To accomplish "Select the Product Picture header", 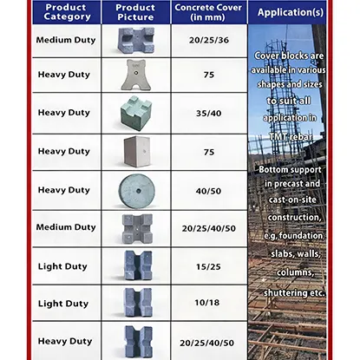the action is (135, 13).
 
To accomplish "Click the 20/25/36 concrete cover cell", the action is (206, 40).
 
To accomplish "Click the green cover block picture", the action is (134, 113).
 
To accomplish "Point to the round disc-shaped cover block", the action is (135, 189).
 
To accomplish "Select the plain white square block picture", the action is (135, 152).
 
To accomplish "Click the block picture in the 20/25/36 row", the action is (135, 40).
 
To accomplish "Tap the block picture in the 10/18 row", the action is (135, 304).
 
